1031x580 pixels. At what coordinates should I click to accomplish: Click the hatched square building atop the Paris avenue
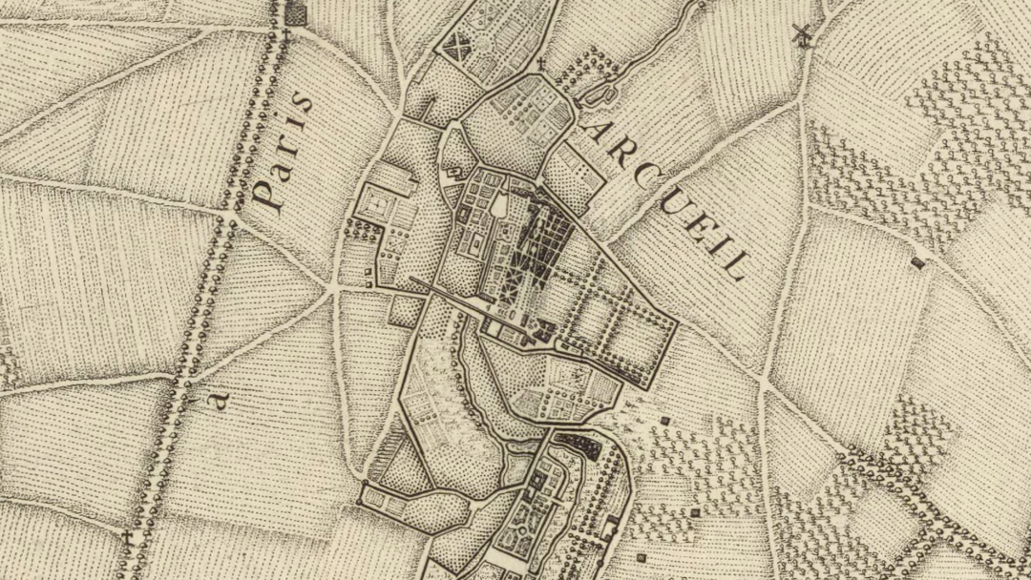pyautogui.click(x=297, y=15)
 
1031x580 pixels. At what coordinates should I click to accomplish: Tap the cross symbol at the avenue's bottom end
pyautogui.click(x=126, y=537)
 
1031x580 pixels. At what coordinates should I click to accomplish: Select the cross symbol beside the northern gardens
pyautogui.click(x=540, y=65)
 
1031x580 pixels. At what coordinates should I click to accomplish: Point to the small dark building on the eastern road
pyautogui.click(x=917, y=261)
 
